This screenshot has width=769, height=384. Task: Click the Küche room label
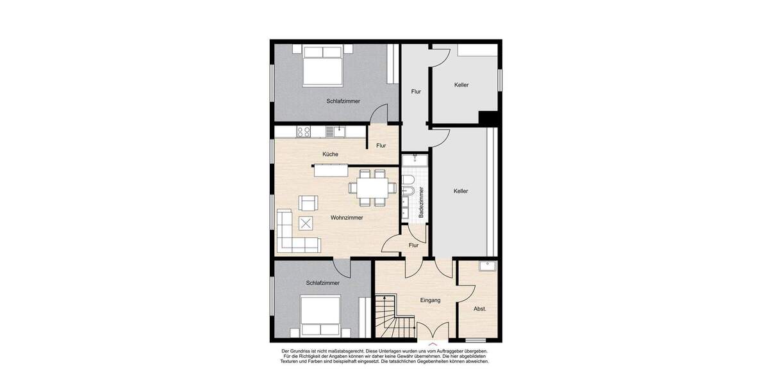[331, 154]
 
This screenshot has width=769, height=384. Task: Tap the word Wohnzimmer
[347, 218]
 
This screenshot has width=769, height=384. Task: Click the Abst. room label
[479, 308]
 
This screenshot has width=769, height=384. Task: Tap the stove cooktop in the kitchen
[303, 132]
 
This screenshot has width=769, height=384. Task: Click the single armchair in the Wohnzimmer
[308, 204]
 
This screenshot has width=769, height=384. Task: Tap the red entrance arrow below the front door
[433, 346]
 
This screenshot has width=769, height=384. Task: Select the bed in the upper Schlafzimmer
[322, 66]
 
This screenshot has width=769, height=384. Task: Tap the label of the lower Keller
[460, 191]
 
